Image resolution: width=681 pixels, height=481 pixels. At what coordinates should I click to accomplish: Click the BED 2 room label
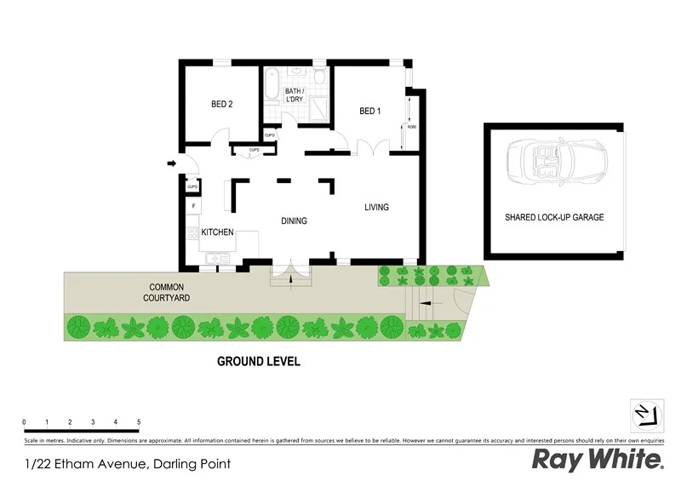(222, 105)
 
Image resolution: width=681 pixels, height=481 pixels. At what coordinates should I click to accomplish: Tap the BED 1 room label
(369, 111)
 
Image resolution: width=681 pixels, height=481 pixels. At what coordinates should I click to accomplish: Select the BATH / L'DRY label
(294, 95)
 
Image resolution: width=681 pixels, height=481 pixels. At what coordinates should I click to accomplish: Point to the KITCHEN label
(217, 232)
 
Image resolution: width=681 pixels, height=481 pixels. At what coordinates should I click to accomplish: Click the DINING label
(294, 220)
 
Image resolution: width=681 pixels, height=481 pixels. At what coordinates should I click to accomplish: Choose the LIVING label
(376, 207)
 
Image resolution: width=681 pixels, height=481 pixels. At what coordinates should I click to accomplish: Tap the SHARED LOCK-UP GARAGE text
(553, 217)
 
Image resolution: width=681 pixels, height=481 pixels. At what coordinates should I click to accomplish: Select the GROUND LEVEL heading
(259, 361)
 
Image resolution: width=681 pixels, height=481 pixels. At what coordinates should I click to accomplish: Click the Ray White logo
(598, 460)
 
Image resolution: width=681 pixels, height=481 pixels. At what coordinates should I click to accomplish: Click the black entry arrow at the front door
(172, 163)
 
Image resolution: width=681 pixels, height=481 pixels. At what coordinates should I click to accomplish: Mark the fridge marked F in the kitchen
(193, 205)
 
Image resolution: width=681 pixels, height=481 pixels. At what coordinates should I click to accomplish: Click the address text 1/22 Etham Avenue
(128, 464)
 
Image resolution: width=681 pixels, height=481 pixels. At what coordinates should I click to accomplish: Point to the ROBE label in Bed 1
(412, 127)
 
